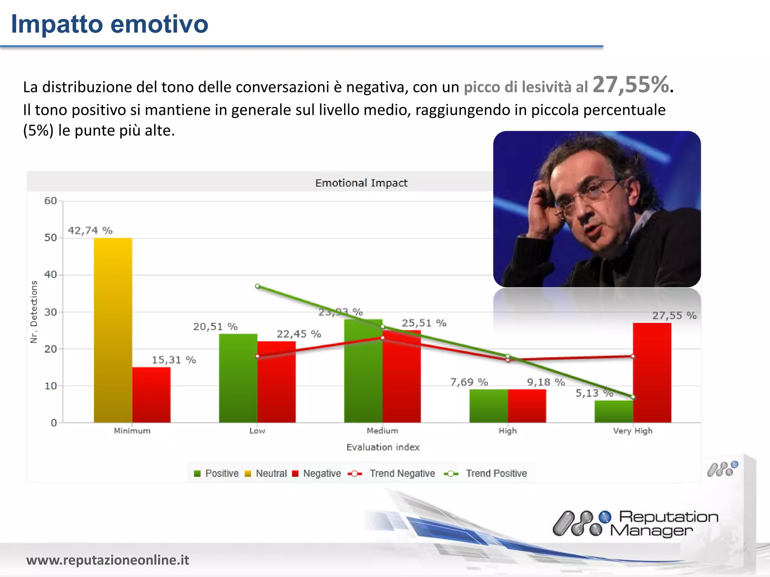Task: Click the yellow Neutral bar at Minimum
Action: pos(113,331)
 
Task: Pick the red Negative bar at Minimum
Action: pos(151,395)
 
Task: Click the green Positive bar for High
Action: pos(488,406)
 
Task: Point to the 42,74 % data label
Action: pos(90,230)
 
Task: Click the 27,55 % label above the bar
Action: pos(674,316)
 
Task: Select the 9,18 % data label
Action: pos(546,382)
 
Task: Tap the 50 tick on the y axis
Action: pos(50,238)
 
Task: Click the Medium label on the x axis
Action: pos(382,431)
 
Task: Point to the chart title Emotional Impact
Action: pos(361,183)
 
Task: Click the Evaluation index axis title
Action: pos(383,447)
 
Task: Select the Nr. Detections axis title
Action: pos(34,312)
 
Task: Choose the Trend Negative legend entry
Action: pos(393,473)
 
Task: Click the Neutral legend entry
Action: pos(266,473)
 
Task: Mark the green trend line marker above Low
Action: pos(258,286)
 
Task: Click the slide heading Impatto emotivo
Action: pos(109,24)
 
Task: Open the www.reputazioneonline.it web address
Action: pos(108,560)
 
